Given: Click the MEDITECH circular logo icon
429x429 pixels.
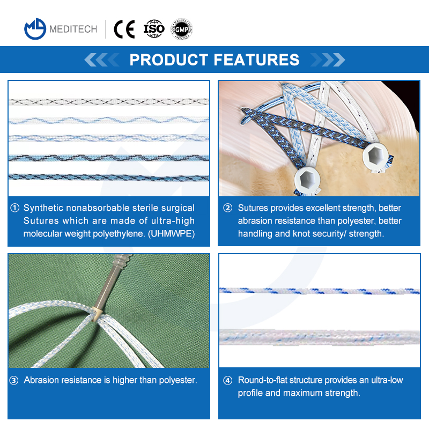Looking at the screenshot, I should pyautogui.click(x=35, y=29).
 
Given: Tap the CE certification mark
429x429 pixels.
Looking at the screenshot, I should pyautogui.click(x=124, y=29).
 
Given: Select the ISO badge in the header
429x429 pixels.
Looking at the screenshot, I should pyautogui.click(x=154, y=29).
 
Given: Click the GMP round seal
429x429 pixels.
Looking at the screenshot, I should pyautogui.click(x=181, y=29).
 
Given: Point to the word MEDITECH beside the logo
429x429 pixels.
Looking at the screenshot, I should pyautogui.click(x=73, y=29).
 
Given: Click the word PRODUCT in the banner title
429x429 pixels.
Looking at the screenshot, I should pyautogui.click(x=169, y=60).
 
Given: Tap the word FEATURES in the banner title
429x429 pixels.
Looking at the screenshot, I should pyautogui.click(x=257, y=60).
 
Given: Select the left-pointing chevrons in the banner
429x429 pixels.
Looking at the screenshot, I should pyautogui.click(x=102, y=60).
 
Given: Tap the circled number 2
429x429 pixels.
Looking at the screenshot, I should pyautogui.click(x=228, y=208).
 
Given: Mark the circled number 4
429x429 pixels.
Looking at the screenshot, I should pyautogui.click(x=228, y=380).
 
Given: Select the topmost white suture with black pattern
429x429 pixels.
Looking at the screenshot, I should pyautogui.click(x=107, y=101).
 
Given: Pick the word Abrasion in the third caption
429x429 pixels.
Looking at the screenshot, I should pyautogui.click(x=42, y=380).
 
